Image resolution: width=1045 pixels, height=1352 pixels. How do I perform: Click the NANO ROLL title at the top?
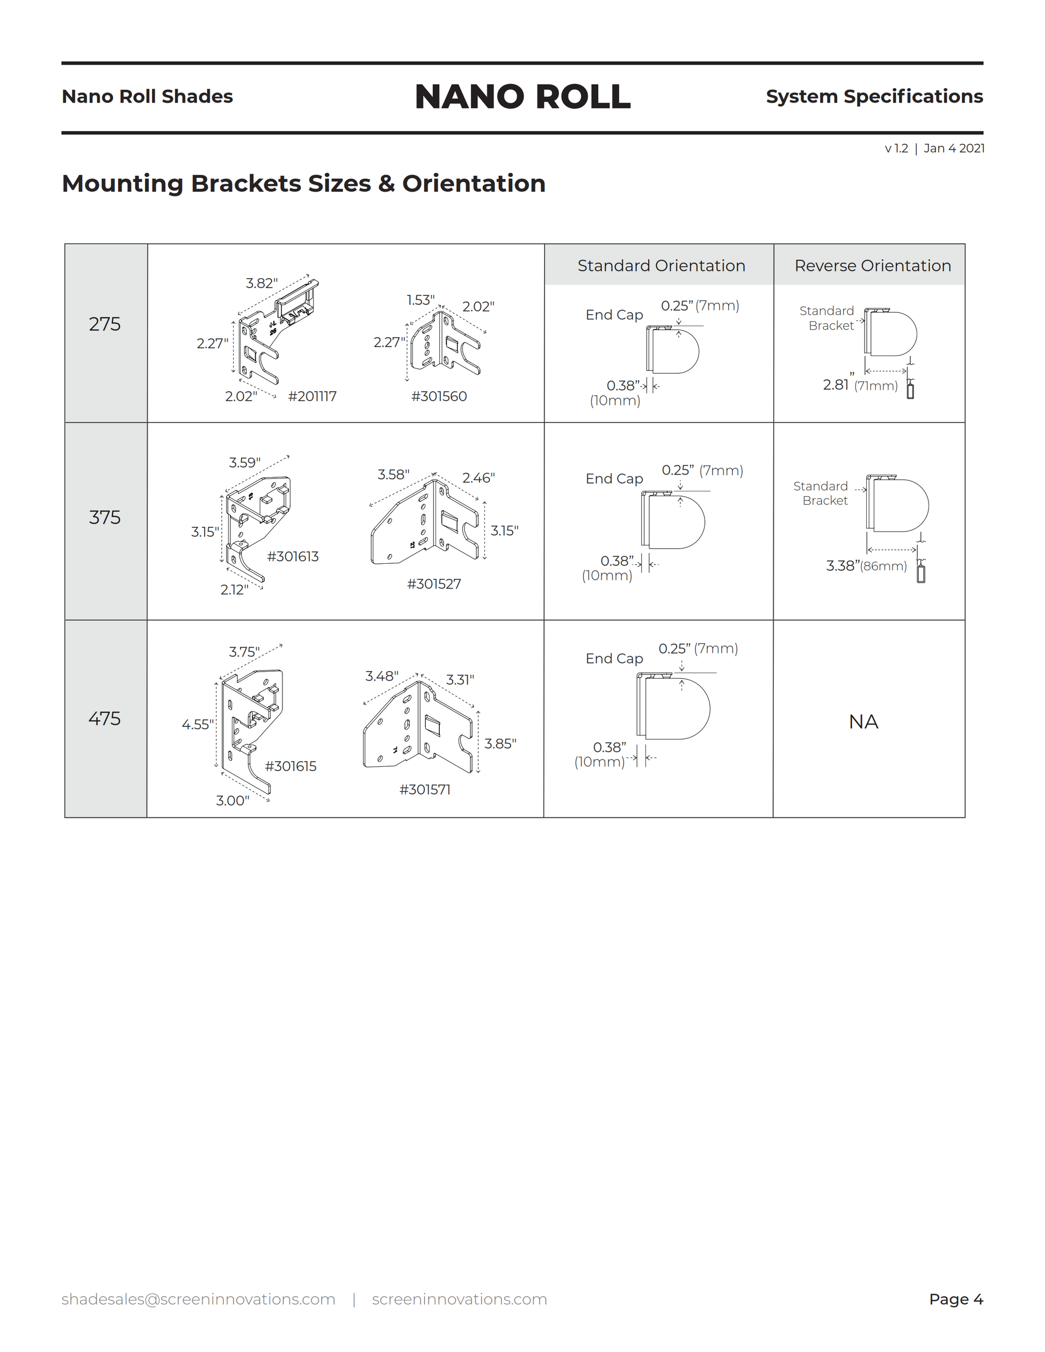pyautogui.click(x=522, y=97)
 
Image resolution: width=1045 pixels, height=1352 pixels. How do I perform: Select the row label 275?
pyautogui.click(x=105, y=324)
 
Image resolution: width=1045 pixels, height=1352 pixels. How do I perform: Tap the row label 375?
pyautogui.click(x=105, y=517)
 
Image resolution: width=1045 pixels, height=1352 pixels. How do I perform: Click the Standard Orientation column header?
pyautogui.click(x=661, y=266)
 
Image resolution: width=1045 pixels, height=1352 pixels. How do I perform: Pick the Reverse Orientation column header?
pyautogui.click(x=872, y=266)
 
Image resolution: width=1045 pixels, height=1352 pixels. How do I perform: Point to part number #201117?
pyautogui.click(x=312, y=396)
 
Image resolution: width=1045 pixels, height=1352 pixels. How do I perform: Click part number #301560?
pyautogui.click(x=439, y=396)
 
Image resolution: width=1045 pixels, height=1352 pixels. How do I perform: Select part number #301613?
pyautogui.click(x=293, y=556)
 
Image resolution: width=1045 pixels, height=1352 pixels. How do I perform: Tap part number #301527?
pyautogui.click(x=434, y=584)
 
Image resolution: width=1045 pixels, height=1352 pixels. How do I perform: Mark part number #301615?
pyautogui.click(x=291, y=766)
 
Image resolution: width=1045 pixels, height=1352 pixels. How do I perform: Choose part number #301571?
pyautogui.click(x=425, y=789)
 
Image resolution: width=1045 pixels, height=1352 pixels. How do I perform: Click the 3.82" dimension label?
pyautogui.click(x=261, y=284)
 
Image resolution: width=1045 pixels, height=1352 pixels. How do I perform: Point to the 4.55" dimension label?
pyautogui.click(x=198, y=724)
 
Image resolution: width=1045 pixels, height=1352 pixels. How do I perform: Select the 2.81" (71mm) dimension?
pyautogui.click(x=860, y=385)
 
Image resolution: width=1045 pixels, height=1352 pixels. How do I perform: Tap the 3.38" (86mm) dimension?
pyautogui.click(x=866, y=566)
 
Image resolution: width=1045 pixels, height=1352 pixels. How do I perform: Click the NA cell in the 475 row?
pyautogui.click(x=863, y=722)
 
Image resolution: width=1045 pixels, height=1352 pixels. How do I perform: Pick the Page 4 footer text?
pyautogui.click(x=956, y=1299)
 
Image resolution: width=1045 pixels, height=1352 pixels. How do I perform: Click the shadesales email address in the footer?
pyautogui.click(x=198, y=1299)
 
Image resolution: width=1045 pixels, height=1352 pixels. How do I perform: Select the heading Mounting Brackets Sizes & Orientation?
pyautogui.click(x=303, y=184)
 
